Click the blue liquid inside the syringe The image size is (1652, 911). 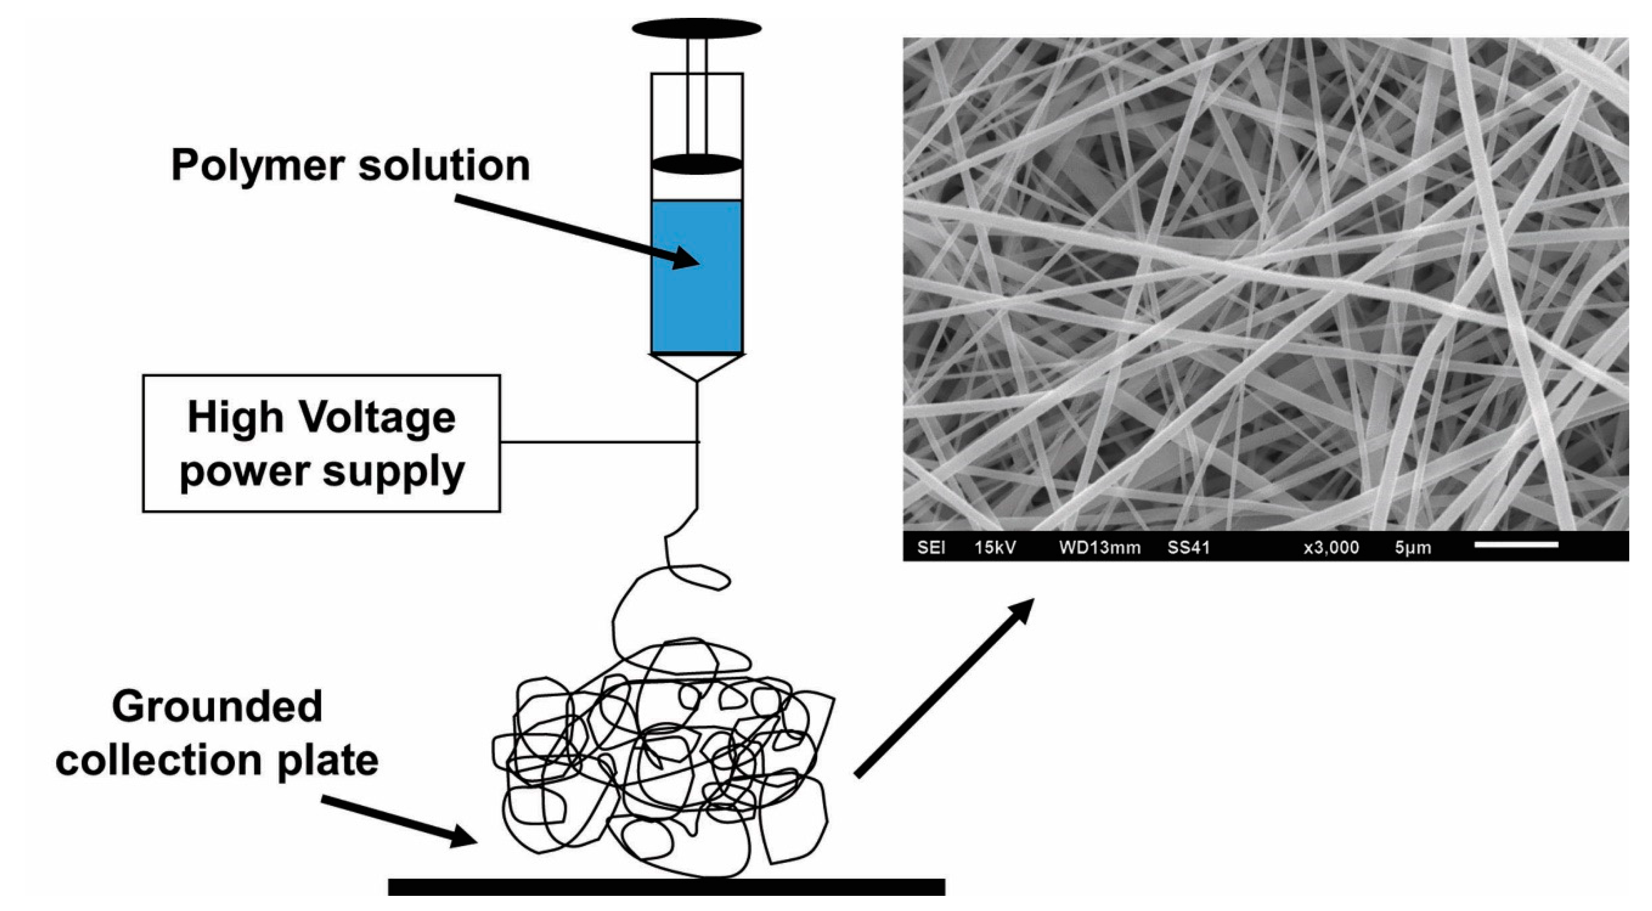696,301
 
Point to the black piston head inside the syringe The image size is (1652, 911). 696,164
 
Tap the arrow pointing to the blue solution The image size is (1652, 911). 577,232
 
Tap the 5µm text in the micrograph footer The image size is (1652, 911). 1413,547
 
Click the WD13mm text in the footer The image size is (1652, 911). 1099,547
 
